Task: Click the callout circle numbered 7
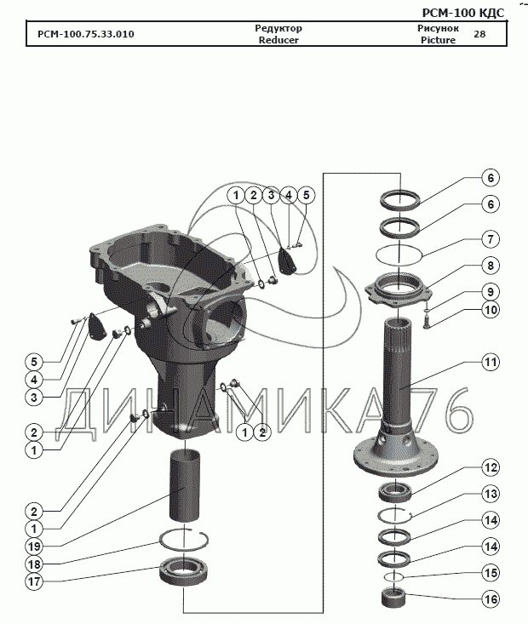coord(490,239)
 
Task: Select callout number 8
coord(490,265)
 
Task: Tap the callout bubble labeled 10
coord(490,310)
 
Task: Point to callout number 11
coord(490,362)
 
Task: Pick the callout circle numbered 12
coord(490,467)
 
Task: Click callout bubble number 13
coord(490,493)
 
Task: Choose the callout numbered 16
coord(490,599)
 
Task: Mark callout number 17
coord(33,583)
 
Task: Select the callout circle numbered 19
coord(33,546)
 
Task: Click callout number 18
coord(33,564)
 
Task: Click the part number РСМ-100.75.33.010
coord(86,35)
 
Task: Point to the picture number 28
coord(479,35)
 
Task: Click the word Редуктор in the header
coord(278,29)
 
